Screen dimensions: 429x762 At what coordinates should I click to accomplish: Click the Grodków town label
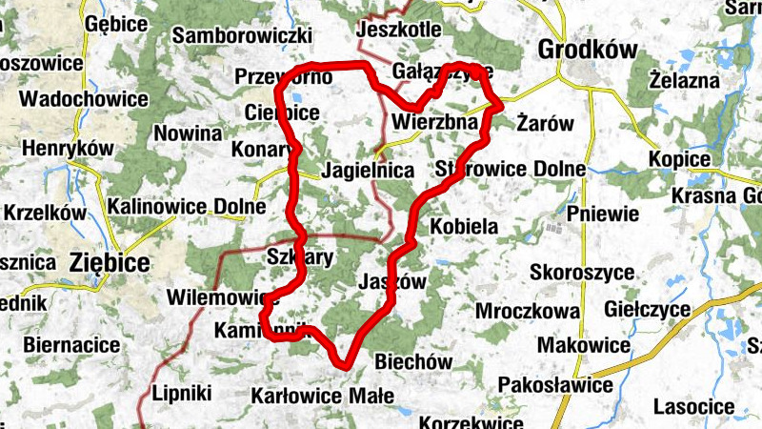pyautogui.click(x=587, y=49)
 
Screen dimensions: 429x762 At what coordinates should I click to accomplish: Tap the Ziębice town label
pyautogui.click(x=110, y=262)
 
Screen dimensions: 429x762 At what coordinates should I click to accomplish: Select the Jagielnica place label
pyautogui.click(x=369, y=172)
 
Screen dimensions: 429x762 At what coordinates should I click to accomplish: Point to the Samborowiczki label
pyautogui.click(x=243, y=36)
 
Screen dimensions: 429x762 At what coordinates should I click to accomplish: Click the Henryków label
pyautogui.click(x=67, y=149)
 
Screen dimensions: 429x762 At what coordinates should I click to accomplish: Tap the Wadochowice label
pyautogui.click(x=84, y=99)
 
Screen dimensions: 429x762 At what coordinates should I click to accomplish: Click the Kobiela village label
pyautogui.click(x=465, y=228)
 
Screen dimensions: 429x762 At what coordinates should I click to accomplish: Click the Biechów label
pyautogui.click(x=413, y=362)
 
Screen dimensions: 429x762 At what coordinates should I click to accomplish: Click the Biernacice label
pyautogui.click(x=71, y=344)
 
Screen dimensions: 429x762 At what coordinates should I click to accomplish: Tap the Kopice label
pyautogui.click(x=679, y=159)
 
